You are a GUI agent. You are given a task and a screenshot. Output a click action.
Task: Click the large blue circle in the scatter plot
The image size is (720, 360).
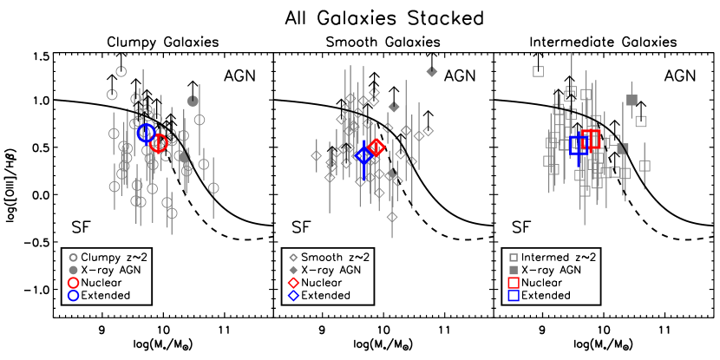(146, 133)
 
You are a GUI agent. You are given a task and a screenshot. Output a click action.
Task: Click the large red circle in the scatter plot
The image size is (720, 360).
(159, 143)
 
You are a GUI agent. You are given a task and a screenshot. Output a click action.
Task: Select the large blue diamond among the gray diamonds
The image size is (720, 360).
(363, 155)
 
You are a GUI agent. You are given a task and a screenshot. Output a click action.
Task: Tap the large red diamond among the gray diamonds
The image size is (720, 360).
(376, 147)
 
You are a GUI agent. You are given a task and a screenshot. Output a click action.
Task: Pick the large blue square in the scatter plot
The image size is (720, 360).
(579, 144)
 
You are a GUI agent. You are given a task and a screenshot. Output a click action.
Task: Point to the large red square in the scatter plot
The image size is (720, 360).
(592, 139)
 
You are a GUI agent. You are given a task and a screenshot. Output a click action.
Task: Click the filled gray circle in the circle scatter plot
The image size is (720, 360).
(193, 101)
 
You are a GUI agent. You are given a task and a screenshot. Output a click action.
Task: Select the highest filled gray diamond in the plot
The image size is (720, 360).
(432, 72)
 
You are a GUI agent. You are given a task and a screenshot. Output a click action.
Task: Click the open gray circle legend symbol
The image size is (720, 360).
(73, 258)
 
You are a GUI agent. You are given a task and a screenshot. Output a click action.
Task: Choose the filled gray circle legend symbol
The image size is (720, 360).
(73, 270)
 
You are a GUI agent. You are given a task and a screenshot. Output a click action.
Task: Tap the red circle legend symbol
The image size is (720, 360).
(73, 283)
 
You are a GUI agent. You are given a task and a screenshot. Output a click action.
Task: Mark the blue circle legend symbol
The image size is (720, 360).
(73, 296)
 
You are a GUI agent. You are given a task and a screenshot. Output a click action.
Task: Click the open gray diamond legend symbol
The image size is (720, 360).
(293, 258)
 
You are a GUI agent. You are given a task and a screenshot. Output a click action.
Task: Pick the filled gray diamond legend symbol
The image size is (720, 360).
(293, 270)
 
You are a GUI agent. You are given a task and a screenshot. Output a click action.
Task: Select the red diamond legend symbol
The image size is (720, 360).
(293, 283)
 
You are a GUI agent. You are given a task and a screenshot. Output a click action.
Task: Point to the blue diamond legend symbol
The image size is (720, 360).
(293, 296)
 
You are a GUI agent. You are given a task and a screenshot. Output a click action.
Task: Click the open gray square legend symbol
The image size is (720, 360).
(514, 258)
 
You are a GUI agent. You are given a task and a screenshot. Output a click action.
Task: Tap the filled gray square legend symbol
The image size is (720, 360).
(514, 270)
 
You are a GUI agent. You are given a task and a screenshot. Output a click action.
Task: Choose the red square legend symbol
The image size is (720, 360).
(514, 283)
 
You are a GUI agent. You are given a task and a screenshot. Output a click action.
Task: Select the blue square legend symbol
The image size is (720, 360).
(514, 296)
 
